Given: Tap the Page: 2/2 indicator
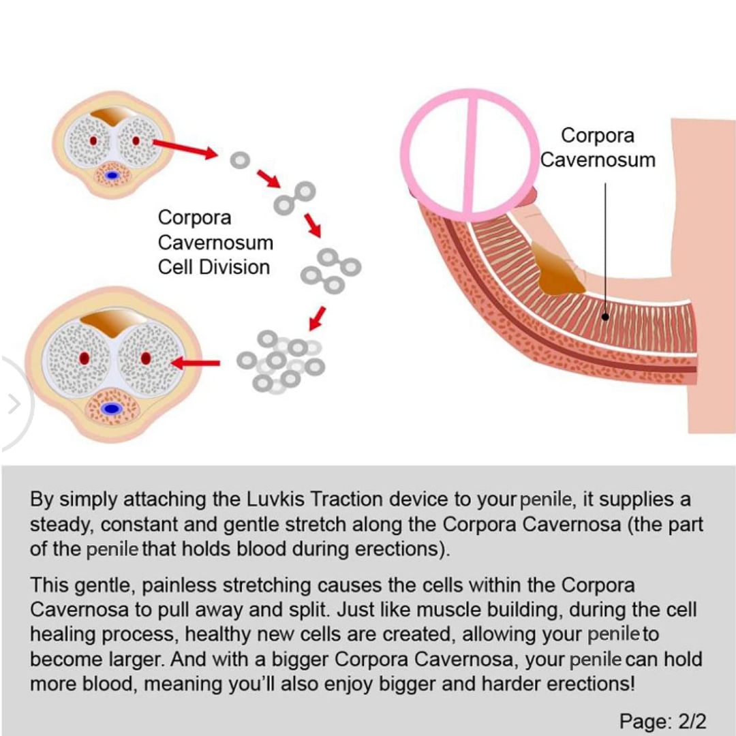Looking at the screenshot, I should (x=663, y=720).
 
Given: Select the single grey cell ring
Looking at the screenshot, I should (x=239, y=161).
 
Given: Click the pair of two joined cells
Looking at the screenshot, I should (x=294, y=197).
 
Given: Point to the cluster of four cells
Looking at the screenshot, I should (x=331, y=270).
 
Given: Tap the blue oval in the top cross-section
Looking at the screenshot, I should (x=113, y=175).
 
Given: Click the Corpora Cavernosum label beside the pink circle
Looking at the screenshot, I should (x=598, y=147).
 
